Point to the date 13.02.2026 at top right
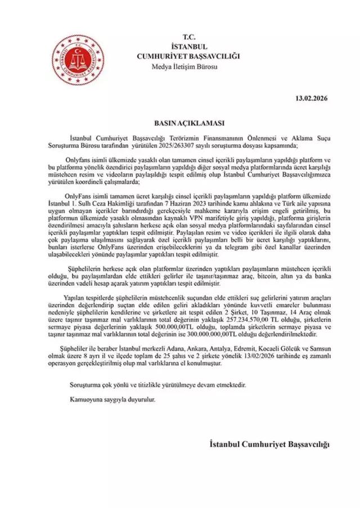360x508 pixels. pos(311,99)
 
